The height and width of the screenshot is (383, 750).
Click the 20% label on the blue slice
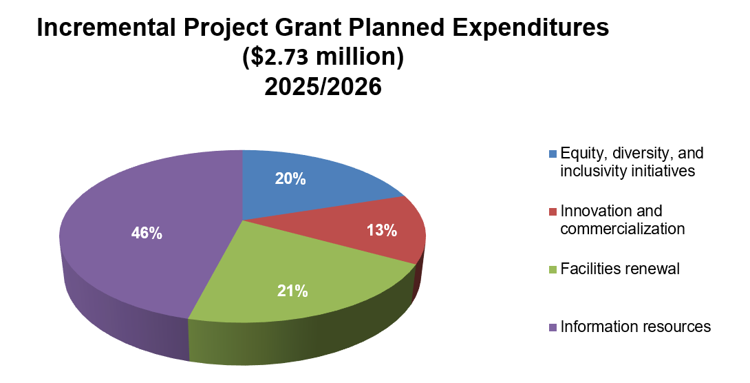click(x=290, y=178)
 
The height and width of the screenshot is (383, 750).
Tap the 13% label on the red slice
click(x=381, y=231)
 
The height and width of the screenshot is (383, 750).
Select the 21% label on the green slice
click(x=292, y=291)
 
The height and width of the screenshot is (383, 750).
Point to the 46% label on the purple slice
click(x=147, y=234)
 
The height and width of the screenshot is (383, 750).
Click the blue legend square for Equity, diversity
click(x=553, y=153)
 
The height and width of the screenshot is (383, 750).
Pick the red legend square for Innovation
click(x=553, y=211)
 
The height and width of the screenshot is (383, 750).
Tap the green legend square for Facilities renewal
click(x=553, y=269)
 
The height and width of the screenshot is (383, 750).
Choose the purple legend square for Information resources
click(x=553, y=327)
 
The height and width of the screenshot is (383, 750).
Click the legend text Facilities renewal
click(x=620, y=269)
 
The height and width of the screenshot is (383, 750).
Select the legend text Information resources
click(x=636, y=327)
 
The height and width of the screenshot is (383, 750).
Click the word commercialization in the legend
click(x=623, y=229)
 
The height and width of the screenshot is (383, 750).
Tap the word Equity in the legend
click(x=580, y=153)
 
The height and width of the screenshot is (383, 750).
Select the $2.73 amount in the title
click(x=279, y=58)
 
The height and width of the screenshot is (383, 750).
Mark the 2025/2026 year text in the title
click(x=323, y=87)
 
